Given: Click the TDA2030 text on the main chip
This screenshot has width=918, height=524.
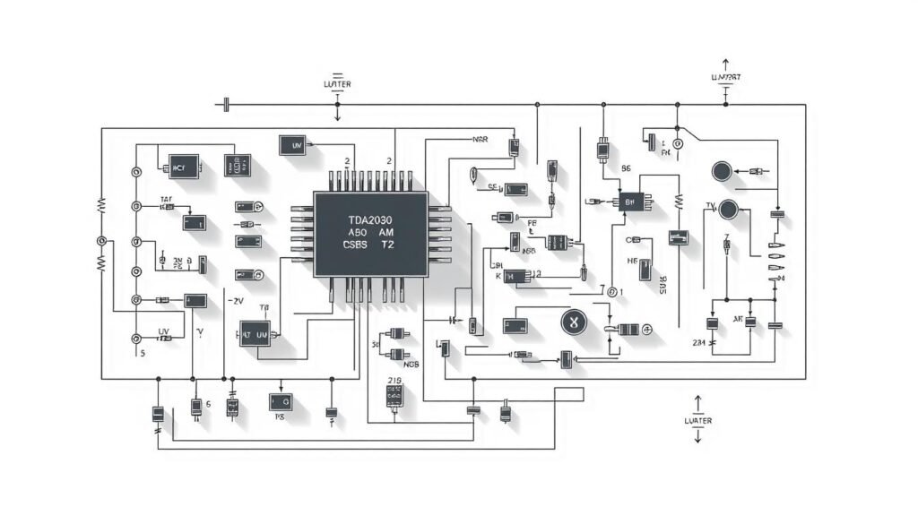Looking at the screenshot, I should (369, 219).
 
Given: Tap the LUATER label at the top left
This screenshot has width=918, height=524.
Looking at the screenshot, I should (337, 84).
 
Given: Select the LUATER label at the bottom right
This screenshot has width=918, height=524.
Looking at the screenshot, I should (697, 420).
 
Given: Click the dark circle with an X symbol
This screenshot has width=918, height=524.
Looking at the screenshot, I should (572, 322).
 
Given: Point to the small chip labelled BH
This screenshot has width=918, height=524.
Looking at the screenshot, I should (628, 202).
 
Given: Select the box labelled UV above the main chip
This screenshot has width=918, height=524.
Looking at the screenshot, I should (292, 144).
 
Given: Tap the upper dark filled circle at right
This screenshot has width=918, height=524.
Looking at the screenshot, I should (723, 171).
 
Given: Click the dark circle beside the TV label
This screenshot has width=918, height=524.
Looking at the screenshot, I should (730, 210).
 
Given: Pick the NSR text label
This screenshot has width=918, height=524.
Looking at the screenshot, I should (480, 141).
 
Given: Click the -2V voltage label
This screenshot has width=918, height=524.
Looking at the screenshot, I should (237, 301).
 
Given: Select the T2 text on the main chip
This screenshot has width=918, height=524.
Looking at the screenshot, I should (387, 243).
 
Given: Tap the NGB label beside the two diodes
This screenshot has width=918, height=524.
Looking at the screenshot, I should (411, 365).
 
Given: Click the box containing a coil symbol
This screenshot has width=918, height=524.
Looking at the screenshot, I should (560, 242).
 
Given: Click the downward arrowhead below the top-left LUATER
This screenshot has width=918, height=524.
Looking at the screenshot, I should (337, 116).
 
